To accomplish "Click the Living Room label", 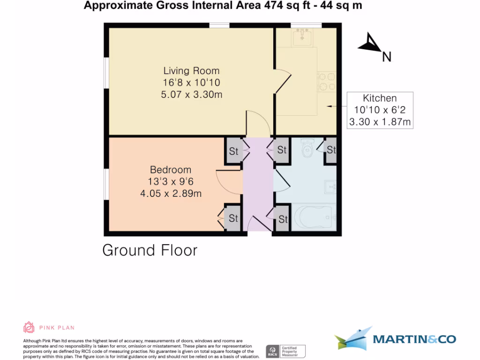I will (191, 71).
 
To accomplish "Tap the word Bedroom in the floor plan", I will (171, 170).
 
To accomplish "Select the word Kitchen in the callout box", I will (380, 98).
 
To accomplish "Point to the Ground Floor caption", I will (150, 250).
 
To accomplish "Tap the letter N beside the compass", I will (386, 57).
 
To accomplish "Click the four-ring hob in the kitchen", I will (326, 81).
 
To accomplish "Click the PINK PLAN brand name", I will (57, 328).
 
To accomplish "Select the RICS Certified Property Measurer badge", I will (285, 351).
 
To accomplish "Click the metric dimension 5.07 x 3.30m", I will (191, 94).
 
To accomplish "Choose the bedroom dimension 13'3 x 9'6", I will (171, 181).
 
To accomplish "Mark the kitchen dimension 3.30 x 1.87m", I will (380, 122).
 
